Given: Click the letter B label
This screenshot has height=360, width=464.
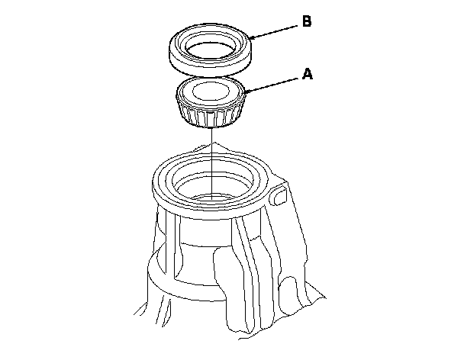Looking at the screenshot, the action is [x=307, y=21].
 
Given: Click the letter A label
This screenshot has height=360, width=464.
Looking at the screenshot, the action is [x=308, y=74].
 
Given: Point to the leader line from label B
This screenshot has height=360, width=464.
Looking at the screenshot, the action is [x=274, y=31].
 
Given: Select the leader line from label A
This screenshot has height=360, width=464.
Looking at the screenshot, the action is [x=271, y=85].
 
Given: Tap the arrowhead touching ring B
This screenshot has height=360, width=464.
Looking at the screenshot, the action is [x=253, y=37].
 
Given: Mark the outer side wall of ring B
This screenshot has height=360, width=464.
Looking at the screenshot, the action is [x=211, y=66].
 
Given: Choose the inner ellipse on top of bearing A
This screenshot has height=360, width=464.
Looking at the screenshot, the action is [x=211, y=91].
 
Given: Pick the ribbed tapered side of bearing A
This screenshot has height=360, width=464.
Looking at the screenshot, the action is [x=211, y=114].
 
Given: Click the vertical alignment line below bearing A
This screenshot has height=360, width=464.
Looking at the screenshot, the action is [x=212, y=163].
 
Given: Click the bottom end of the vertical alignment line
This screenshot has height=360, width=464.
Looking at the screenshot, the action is [x=212, y=200].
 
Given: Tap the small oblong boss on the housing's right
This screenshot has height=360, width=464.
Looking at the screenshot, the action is [x=280, y=195].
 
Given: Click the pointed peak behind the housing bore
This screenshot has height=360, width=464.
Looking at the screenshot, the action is [x=214, y=143].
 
